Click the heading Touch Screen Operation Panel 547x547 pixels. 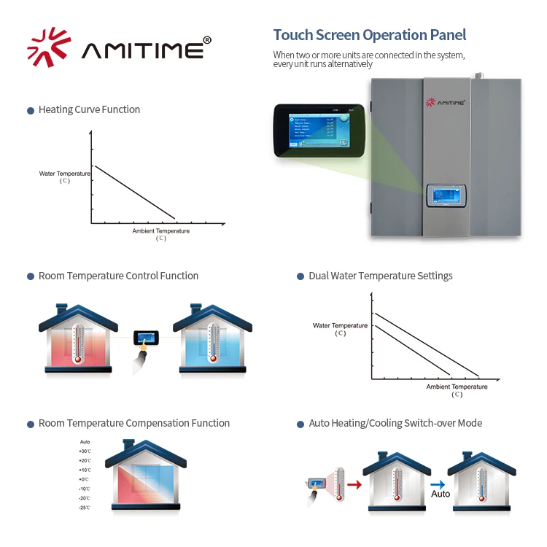pyautogui.click(x=369, y=35)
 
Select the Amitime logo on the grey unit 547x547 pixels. pyautogui.click(x=446, y=104)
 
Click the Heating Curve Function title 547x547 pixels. pyautogui.click(x=89, y=109)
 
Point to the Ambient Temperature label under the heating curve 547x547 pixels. pyautogui.click(x=160, y=231)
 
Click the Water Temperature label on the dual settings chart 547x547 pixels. pyautogui.click(x=340, y=325)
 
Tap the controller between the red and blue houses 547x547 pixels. pyautogui.click(x=146, y=338)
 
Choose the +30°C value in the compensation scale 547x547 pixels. pyautogui.click(x=85, y=451)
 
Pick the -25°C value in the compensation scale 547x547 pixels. pyautogui.click(x=85, y=507)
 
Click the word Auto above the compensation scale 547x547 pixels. pyautogui.click(x=85, y=442)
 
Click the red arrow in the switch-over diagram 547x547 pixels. pyautogui.click(x=354, y=483)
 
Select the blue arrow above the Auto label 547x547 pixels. pyautogui.click(x=438, y=483)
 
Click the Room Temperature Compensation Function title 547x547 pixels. pyautogui.click(x=133, y=423)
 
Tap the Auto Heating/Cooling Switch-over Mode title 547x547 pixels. pyautogui.click(x=395, y=423)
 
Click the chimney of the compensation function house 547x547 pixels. pyautogui.click(x=129, y=444)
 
